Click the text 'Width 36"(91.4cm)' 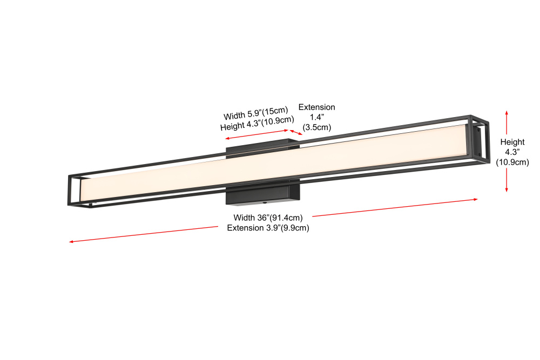268,218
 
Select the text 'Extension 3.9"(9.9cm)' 268,228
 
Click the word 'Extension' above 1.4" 316,107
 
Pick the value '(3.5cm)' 316,128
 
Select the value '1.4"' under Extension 316,118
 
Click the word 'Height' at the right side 512,142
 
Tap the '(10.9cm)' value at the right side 512,162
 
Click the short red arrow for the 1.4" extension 296,132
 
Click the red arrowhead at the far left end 71,242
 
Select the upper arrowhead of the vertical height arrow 507,112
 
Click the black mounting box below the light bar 262,194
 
